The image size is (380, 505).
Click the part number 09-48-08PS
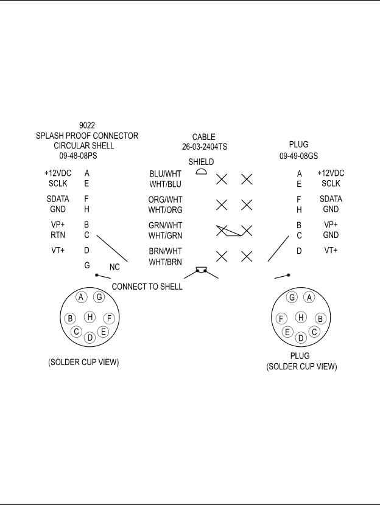click(78, 156)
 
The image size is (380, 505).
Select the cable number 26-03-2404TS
click(205, 147)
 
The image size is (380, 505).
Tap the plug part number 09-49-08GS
click(298, 156)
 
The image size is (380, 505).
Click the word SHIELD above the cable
click(201, 162)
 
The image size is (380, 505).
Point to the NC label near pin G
click(114, 267)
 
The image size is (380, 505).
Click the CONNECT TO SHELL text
click(147, 287)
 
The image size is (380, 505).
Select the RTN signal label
click(58, 235)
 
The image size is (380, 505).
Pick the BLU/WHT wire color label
click(166, 174)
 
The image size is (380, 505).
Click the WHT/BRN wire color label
click(166, 262)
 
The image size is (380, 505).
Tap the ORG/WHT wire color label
click(166, 200)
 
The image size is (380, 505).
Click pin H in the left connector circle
click(90, 317)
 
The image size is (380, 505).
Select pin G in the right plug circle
click(292, 298)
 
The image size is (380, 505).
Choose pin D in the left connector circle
click(90, 338)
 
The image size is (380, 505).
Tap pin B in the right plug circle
click(320, 319)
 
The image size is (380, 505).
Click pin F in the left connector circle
click(109, 319)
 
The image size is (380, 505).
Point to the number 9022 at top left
click(87, 125)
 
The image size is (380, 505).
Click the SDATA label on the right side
click(331, 199)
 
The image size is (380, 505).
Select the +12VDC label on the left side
click(58, 173)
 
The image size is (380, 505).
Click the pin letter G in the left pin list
click(86, 265)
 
